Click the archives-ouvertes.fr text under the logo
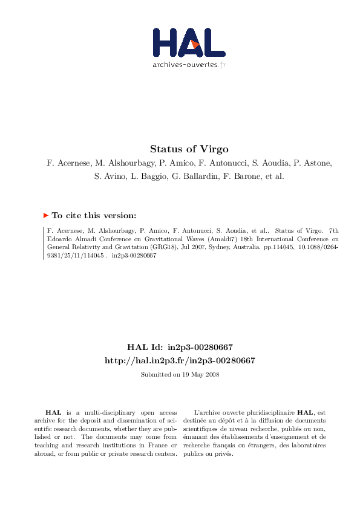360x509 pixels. pos(189,64)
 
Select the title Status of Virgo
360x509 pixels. pos(180,149)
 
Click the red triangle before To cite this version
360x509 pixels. pos(45,215)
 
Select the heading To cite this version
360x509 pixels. pos(94,215)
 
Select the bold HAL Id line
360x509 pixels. pos(180,348)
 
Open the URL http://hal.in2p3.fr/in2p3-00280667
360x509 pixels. pos(180,360)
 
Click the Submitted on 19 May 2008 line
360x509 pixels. pos(180,375)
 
